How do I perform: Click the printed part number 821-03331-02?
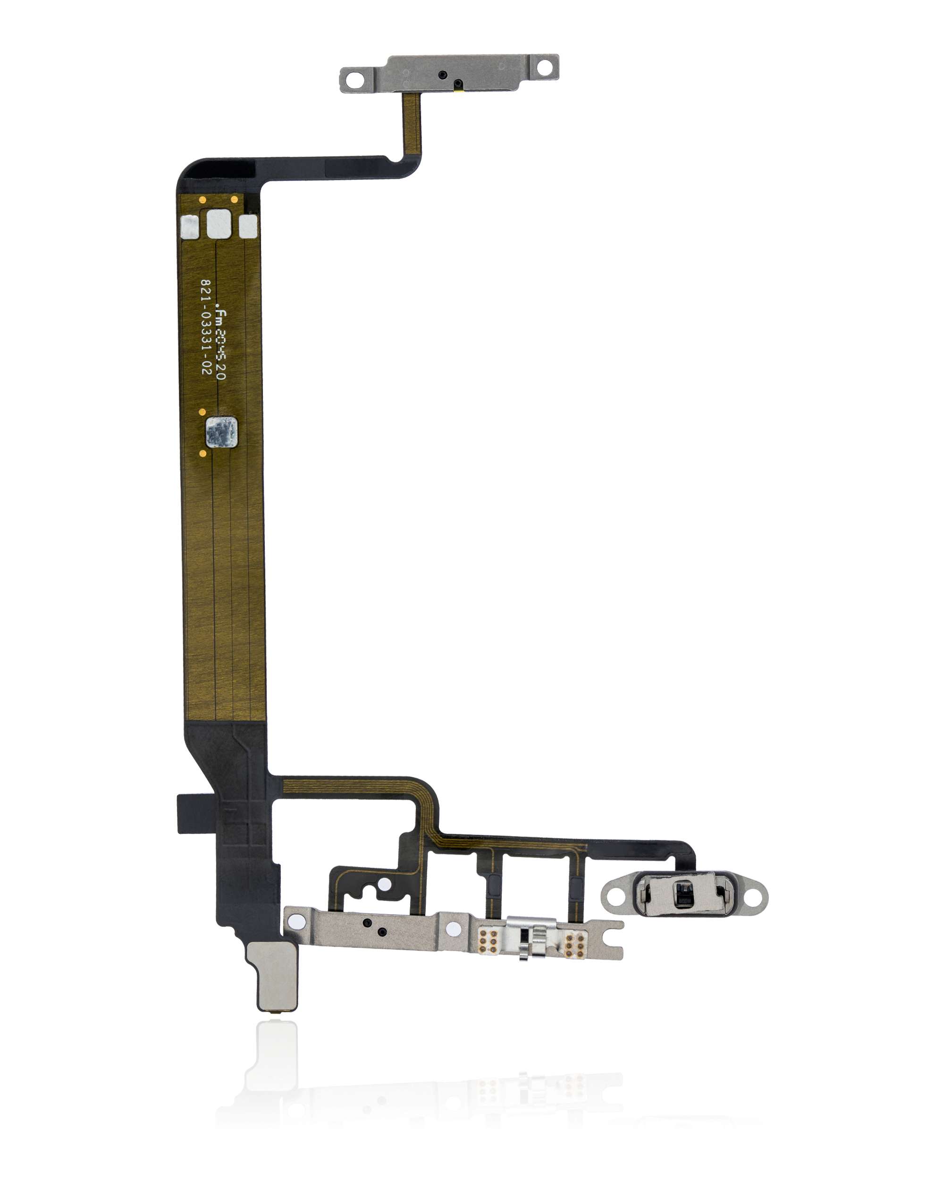click(205, 327)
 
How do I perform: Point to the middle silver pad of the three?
click(219, 224)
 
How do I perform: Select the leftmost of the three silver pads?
click(189, 227)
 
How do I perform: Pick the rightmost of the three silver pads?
click(248, 226)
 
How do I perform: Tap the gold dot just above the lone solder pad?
click(202, 412)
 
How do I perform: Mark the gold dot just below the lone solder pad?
click(203, 453)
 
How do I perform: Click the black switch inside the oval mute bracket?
click(683, 895)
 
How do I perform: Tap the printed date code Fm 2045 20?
click(220, 344)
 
